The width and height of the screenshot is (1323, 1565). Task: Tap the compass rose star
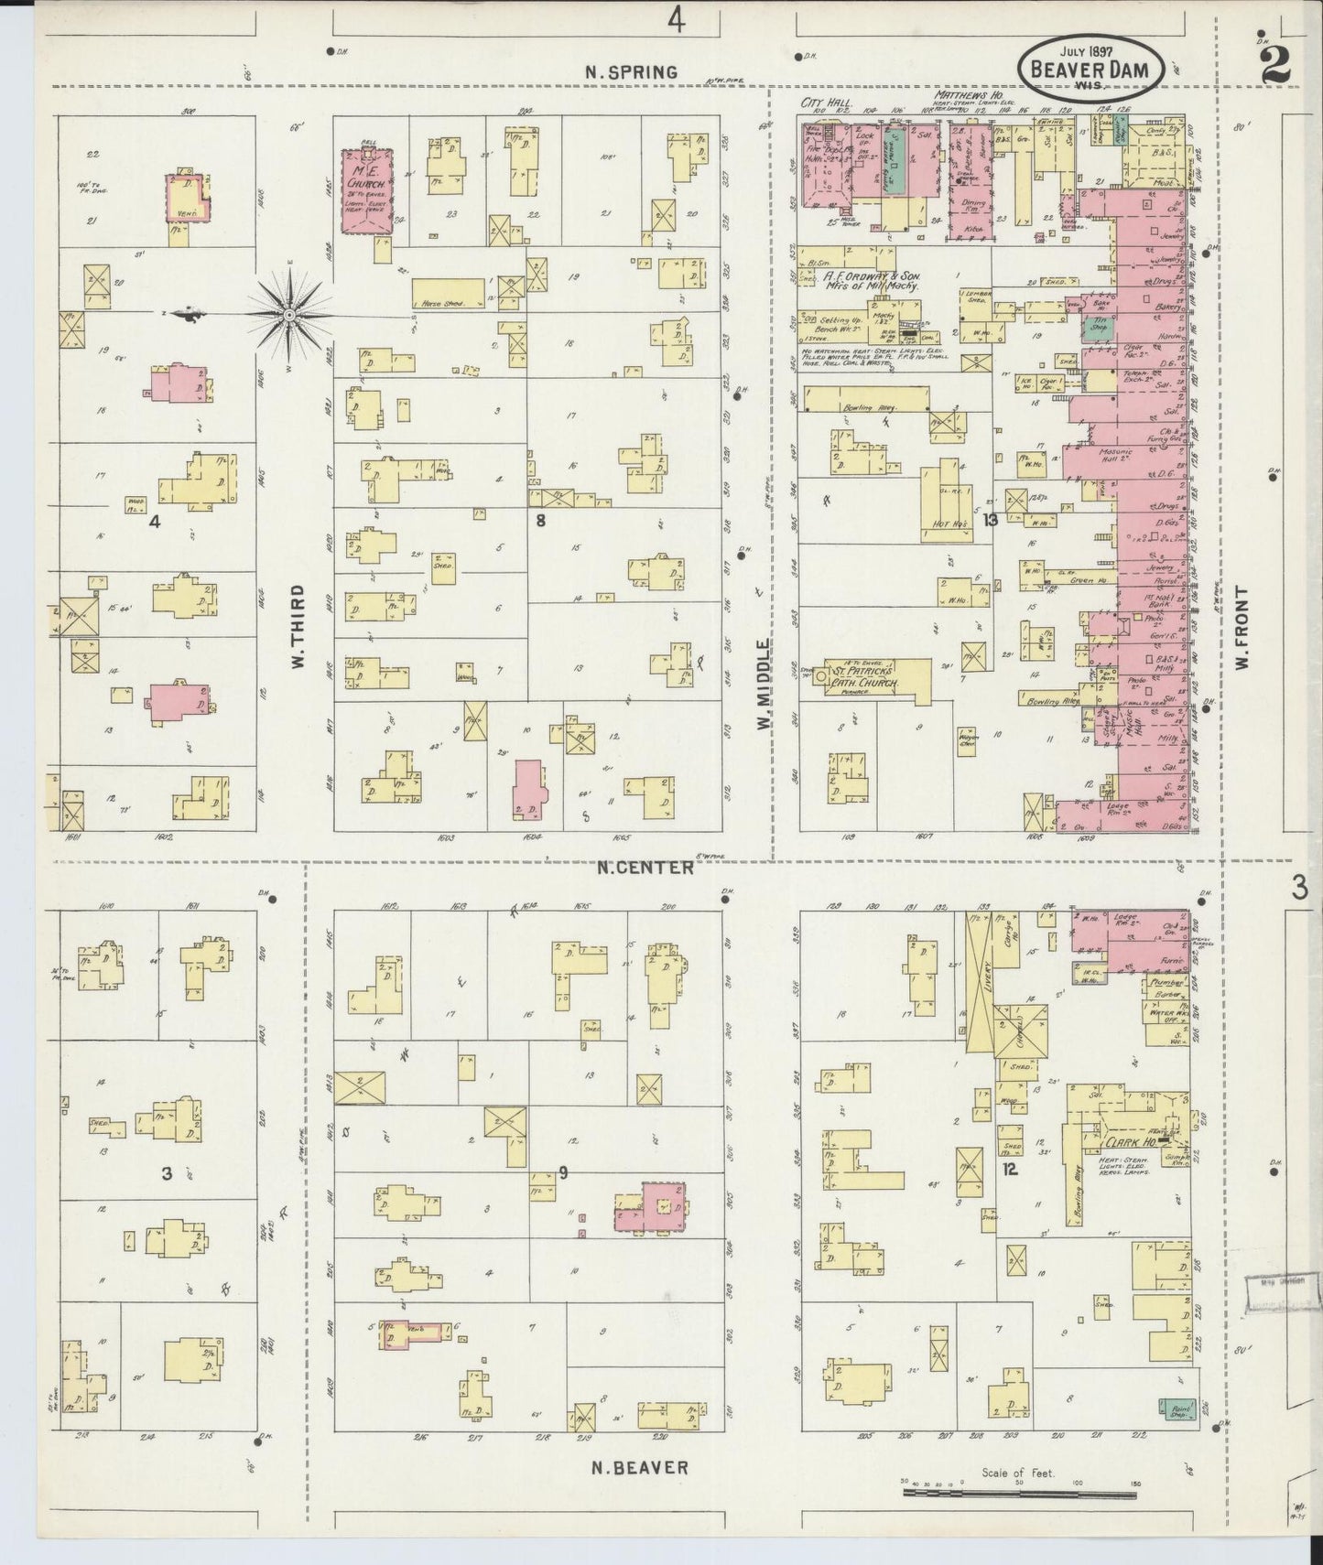[288, 315]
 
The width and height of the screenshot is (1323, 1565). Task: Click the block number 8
[541, 521]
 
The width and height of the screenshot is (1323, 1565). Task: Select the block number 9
[563, 1173]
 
